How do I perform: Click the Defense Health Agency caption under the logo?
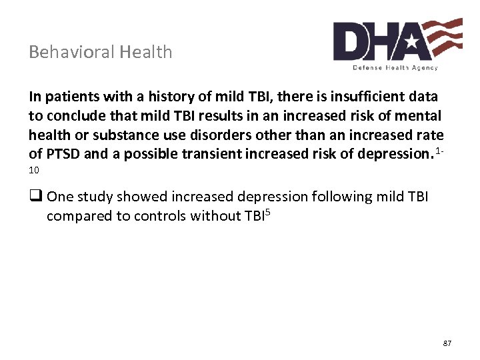(x=395, y=67)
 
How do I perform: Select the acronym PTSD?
(x=65, y=153)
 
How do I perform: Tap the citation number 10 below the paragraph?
(x=34, y=170)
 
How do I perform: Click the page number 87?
(x=447, y=343)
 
